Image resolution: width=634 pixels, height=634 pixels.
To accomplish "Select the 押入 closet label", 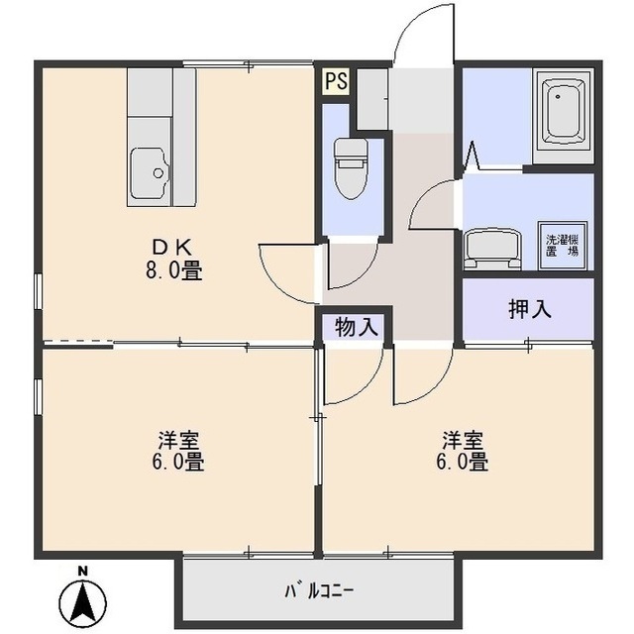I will pyautogui.click(x=530, y=309).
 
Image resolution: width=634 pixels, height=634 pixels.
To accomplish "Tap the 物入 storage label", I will pyautogui.click(x=356, y=326).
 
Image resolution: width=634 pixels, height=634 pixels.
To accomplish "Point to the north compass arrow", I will pyautogui.click(x=84, y=600).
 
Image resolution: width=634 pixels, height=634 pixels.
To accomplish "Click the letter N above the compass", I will pyautogui.click(x=84, y=571).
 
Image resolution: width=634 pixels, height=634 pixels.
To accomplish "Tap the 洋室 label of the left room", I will pyautogui.click(x=180, y=439).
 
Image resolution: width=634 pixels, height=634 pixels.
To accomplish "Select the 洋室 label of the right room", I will pyautogui.click(x=463, y=439).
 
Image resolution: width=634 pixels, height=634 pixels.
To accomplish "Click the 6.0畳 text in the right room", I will pyautogui.click(x=463, y=462).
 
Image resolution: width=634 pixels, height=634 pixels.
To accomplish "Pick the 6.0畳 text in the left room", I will pyautogui.click(x=180, y=462).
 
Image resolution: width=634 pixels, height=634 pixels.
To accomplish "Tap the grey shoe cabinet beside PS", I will pyautogui.click(x=371, y=97).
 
